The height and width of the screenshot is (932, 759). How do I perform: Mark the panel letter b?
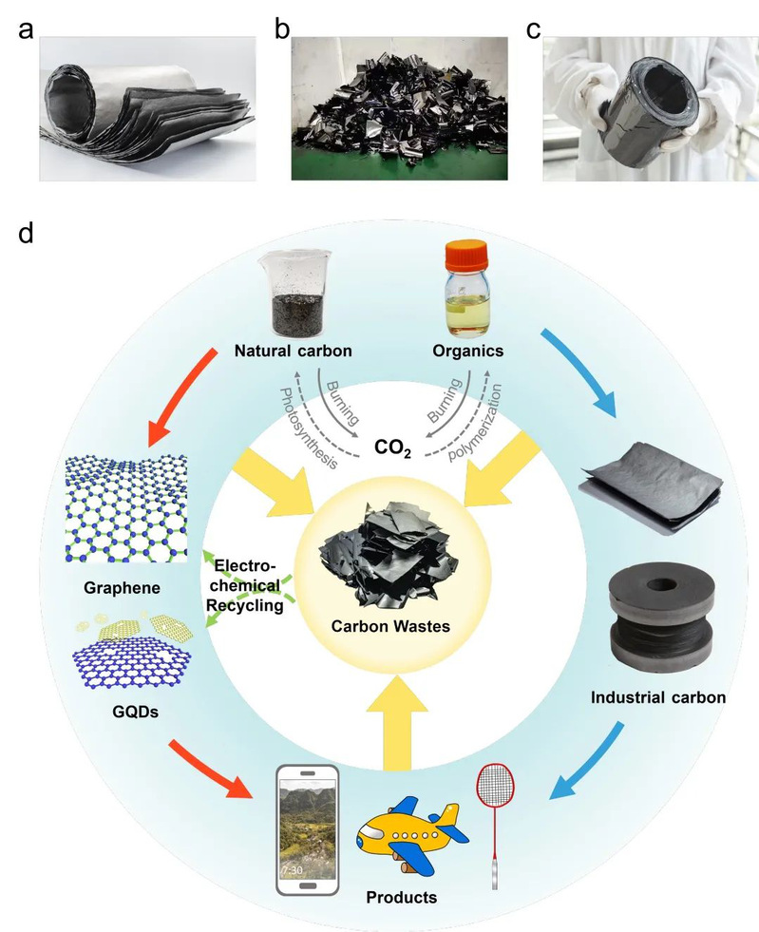[282, 29]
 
